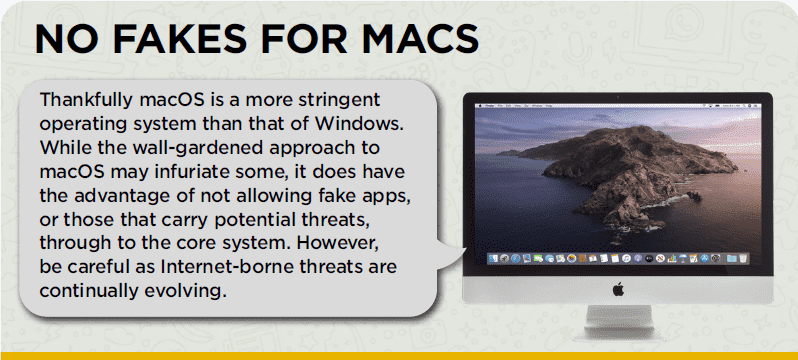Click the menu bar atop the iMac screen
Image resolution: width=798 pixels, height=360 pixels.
click(617, 103)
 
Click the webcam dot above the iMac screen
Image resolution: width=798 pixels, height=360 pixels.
click(618, 95)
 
